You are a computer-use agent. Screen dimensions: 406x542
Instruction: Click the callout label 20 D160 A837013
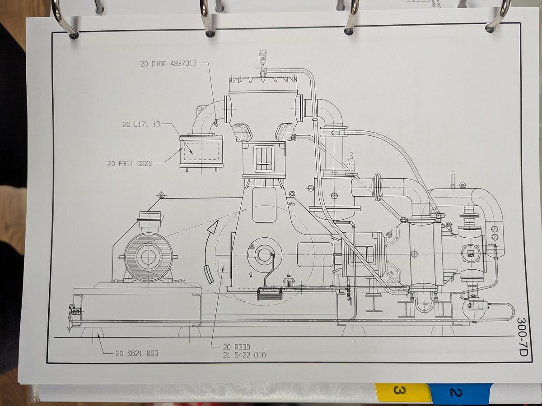[x=168, y=64]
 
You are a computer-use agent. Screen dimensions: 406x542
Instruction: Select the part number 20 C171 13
[x=141, y=124]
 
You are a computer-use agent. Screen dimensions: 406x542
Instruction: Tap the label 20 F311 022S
[x=129, y=164]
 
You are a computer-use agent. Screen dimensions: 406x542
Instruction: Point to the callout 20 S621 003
[x=137, y=353]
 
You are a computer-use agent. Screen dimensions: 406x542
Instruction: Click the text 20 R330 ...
[x=237, y=347]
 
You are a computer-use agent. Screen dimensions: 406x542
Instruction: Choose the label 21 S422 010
[x=244, y=355]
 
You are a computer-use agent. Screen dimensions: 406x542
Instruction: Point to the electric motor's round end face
[x=148, y=257]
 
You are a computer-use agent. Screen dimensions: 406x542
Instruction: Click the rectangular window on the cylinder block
[x=264, y=159]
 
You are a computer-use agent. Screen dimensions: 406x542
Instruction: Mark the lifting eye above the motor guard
[x=161, y=195]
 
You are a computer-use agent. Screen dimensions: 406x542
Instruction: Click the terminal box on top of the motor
[x=149, y=221]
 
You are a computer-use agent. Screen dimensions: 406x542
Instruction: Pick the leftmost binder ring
[x=63, y=20]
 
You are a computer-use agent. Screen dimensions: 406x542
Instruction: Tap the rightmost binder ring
[x=498, y=18]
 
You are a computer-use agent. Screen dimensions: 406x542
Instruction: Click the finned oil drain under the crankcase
[x=269, y=294]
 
